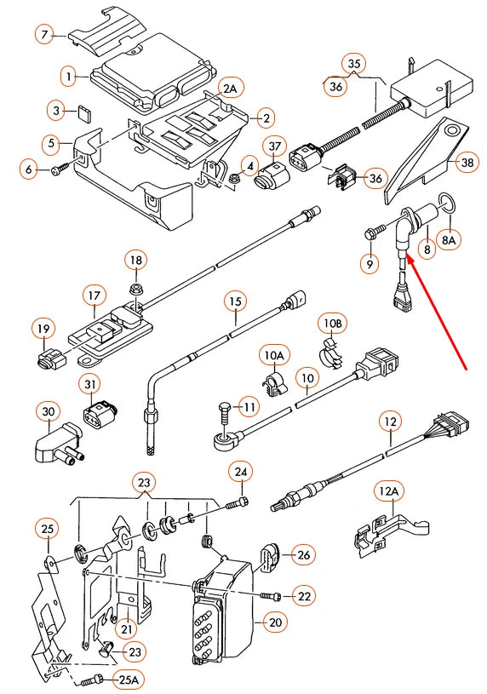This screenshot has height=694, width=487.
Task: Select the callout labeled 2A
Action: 230,89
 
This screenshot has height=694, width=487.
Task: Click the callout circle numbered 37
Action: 274,148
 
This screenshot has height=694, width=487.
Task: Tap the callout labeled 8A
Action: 449,241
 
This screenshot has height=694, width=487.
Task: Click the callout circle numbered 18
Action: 136,260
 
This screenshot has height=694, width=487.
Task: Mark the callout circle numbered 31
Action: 92,386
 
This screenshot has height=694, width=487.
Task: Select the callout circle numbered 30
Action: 48,413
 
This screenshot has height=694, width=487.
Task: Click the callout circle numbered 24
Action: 241,471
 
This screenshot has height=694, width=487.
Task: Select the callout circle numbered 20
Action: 274,623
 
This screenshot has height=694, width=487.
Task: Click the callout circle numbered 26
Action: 303,555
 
